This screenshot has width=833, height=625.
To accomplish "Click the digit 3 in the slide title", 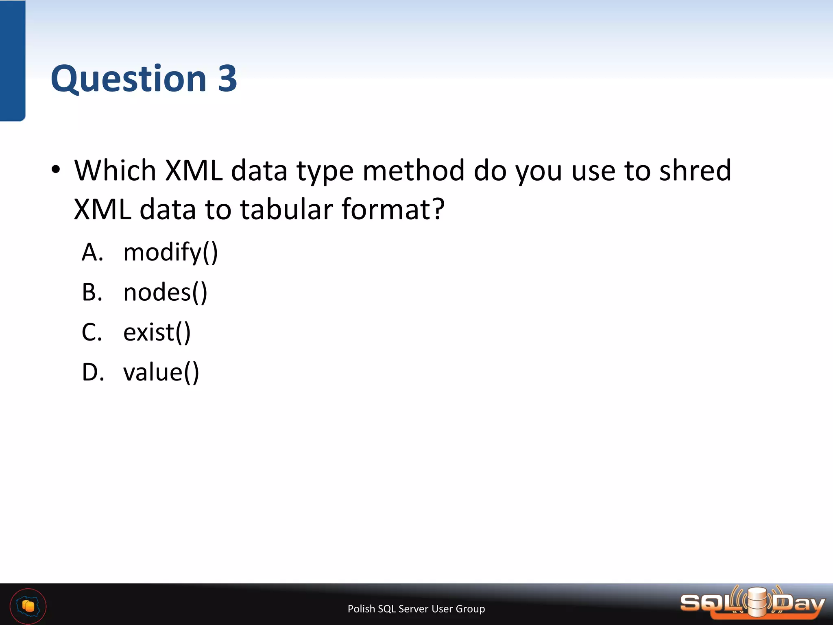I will click(227, 78).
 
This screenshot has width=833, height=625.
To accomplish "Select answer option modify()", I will click(170, 252).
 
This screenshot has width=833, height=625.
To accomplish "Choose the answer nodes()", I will click(165, 292).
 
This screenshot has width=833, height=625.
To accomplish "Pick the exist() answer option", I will click(157, 332).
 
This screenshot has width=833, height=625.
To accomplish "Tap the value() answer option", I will click(161, 372).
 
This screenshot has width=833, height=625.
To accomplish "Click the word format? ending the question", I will click(393, 209).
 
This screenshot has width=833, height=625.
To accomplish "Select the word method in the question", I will click(413, 170).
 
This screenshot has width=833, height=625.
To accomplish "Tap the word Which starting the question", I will click(115, 170).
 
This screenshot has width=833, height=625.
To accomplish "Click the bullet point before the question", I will click(56, 169).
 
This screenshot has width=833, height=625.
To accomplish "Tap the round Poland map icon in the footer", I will click(28, 606).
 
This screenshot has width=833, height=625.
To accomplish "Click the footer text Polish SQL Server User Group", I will click(416, 609).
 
